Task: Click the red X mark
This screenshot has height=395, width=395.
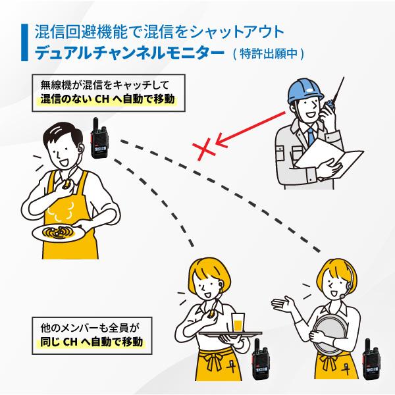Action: coord(204,149)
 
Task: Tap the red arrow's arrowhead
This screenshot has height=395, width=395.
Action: coord(221,141)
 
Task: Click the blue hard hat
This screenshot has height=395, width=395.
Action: coord(305,90)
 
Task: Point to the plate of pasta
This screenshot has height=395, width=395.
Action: coord(59,232)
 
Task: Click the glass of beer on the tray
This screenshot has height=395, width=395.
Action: coord(238,323)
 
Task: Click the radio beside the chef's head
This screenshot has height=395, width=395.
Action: coord(99,138)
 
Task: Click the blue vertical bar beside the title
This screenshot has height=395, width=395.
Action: coord(24,42)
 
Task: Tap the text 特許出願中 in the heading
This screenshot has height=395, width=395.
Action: coord(269,53)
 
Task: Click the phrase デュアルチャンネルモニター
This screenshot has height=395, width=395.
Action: coord(129,53)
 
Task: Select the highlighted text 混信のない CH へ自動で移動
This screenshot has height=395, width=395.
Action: coord(107,99)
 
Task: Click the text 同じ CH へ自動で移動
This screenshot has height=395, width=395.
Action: coord(92,342)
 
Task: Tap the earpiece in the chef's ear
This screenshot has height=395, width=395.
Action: coord(80,148)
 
